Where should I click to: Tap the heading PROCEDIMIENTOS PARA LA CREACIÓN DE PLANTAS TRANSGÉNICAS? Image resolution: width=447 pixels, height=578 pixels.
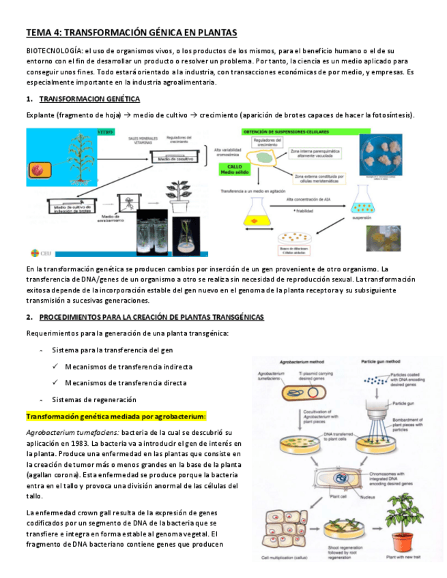click(x=152, y=317)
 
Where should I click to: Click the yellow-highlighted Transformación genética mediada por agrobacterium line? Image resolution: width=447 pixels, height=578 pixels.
click(x=115, y=416)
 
